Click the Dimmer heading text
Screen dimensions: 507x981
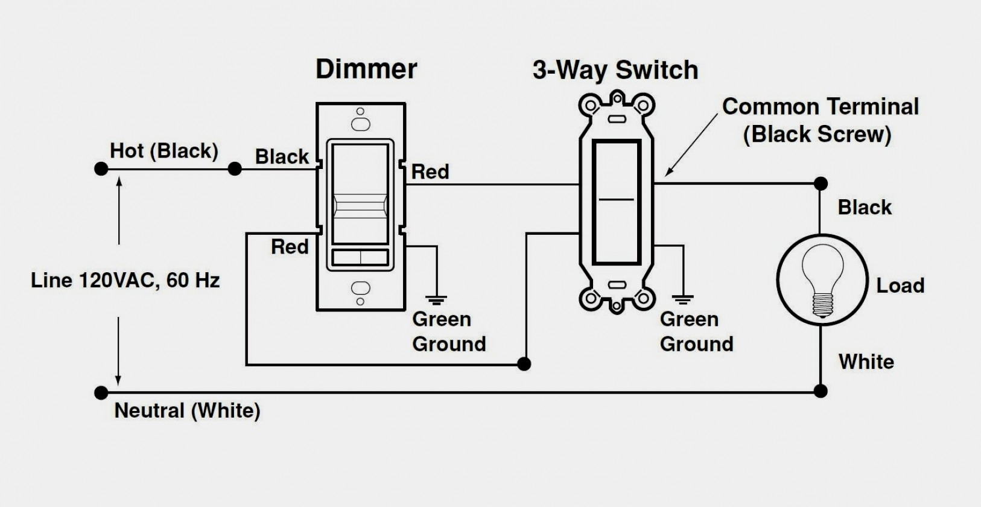tap(366, 69)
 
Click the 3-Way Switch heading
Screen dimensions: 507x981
tap(615, 70)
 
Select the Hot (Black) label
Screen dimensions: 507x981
tap(163, 151)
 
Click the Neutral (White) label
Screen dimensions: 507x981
tap(187, 411)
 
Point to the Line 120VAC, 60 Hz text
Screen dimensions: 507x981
tap(125, 281)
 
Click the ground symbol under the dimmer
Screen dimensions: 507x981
tap(437, 298)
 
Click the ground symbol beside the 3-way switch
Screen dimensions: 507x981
tap(683, 298)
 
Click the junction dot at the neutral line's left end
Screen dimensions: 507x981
tap(101, 393)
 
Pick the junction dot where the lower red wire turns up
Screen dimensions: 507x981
tap(525, 364)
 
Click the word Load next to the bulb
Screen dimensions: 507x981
tap(900, 285)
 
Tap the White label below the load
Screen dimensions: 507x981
tap(866, 362)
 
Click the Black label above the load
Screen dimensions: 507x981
tap(864, 208)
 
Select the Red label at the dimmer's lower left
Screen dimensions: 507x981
tap(290, 247)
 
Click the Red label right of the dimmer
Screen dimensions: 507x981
tap(430, 172)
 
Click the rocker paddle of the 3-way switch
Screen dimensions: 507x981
tap(616, 202)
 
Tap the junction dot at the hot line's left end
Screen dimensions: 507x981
tap(101, 169)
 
